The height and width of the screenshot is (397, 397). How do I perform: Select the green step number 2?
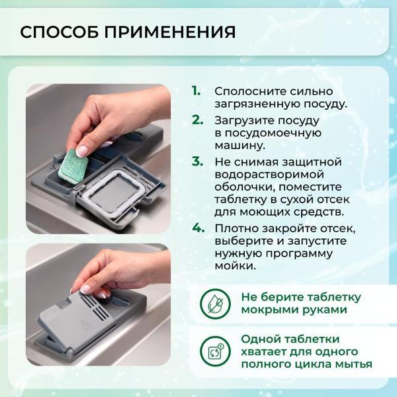197,120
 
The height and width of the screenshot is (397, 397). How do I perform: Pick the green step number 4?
198,228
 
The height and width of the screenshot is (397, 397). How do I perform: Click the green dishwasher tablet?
75,166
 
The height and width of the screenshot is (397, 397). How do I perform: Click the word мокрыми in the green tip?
263,310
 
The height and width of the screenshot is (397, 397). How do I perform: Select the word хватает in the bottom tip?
261,351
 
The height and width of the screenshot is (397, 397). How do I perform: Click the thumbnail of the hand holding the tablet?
98,159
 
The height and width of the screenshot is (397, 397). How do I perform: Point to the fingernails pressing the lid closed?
93,290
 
